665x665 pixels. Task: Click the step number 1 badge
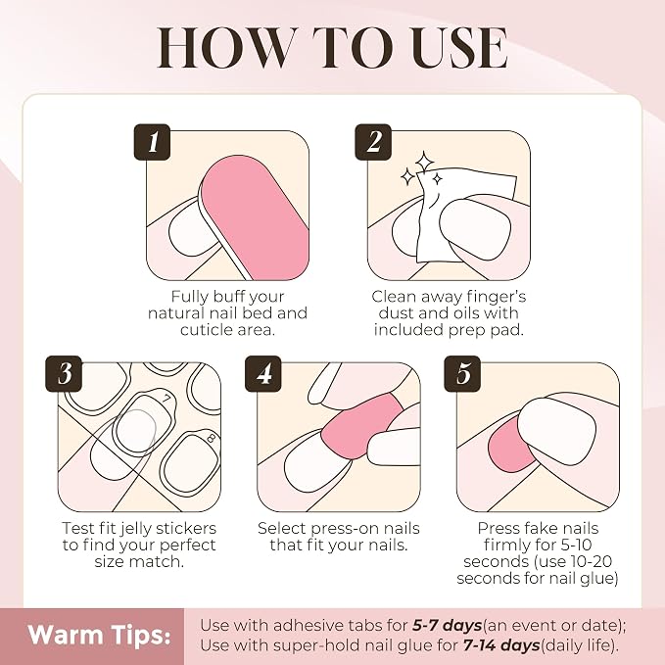pos(152,142)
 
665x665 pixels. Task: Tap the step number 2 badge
pos(373,142)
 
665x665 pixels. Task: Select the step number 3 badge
pos(64,374)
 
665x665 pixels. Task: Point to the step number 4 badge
pos(263,374)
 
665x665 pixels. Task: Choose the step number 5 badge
pos(462,374)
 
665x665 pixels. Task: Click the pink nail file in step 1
pos(255,216)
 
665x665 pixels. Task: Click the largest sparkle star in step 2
pos(424,162)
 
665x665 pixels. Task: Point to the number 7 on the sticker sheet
pos(167,399)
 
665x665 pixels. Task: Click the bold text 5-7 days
pos(447,625)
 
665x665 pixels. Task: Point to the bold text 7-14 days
pos(501,645)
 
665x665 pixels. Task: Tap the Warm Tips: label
pos(99,635)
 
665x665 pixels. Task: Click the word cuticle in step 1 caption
pos(205,329)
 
